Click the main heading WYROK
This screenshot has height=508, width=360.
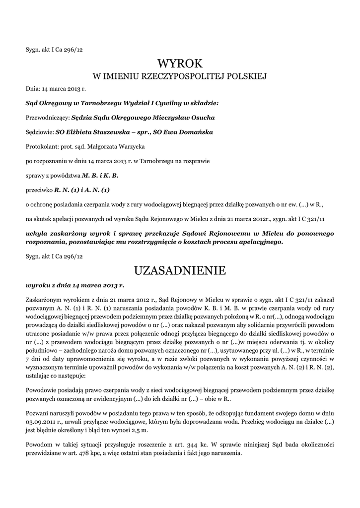[180, 63]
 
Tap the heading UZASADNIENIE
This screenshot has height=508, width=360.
[180, 270]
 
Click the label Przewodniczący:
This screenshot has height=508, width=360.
[48, 118]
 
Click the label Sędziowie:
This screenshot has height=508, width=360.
[40, 132]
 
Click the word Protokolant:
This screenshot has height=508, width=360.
[42, 147]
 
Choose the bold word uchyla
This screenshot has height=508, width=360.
[36, 233]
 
